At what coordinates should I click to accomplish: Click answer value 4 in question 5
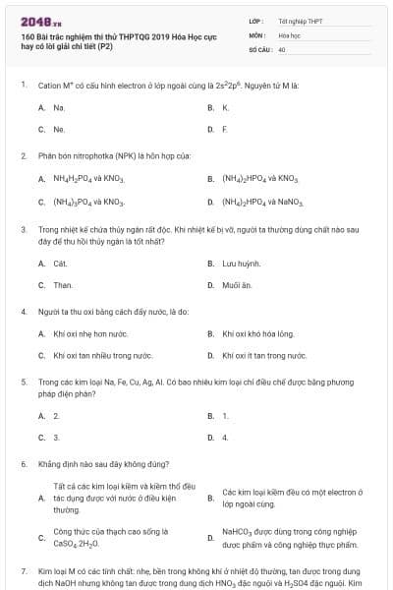[225, 437]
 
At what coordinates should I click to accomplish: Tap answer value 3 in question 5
[56, 437]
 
